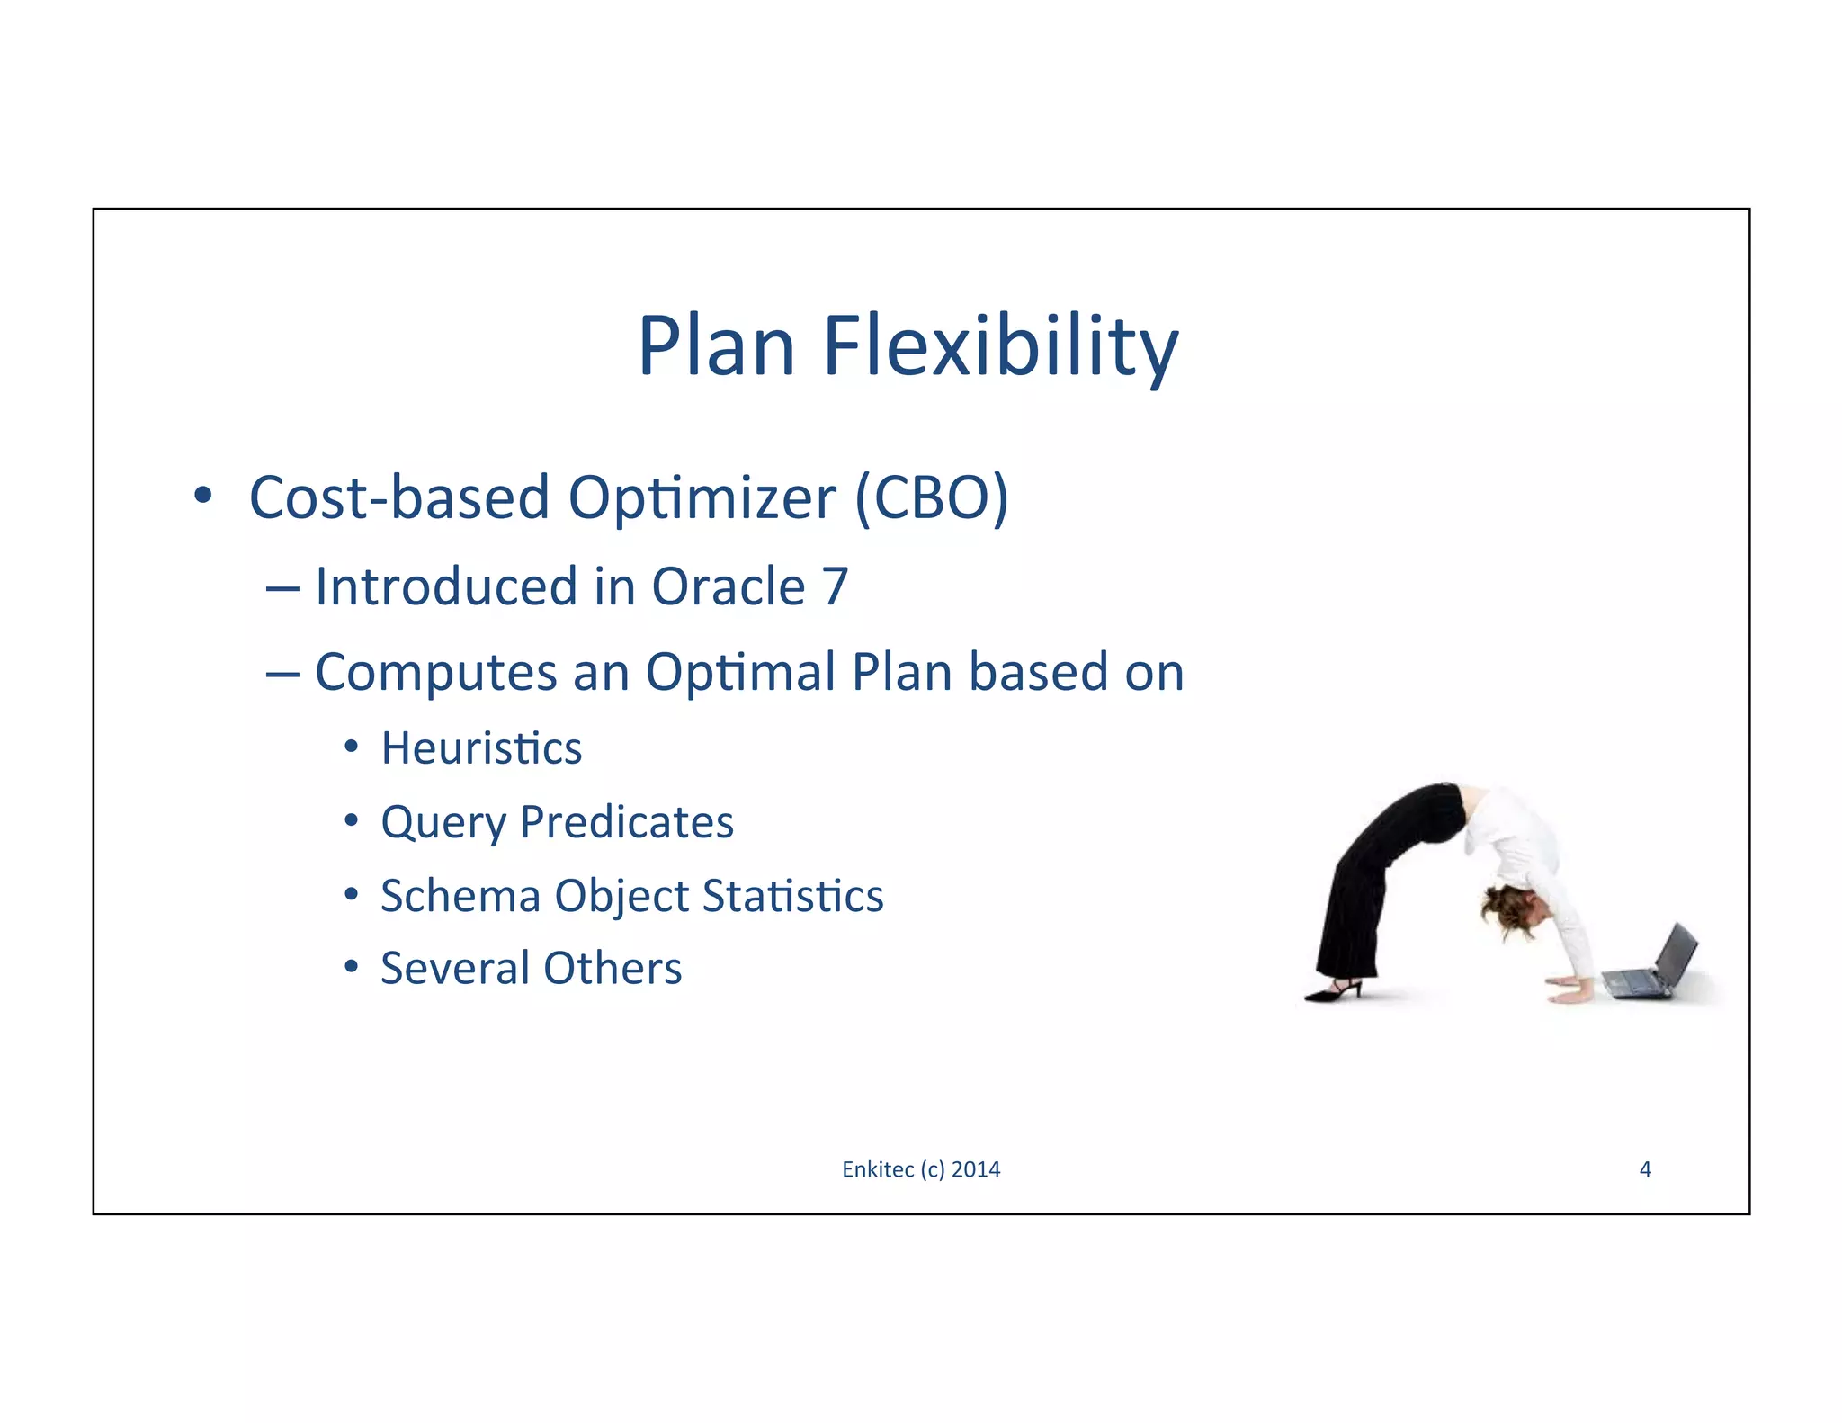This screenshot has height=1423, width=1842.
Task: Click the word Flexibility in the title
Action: [1000, 347]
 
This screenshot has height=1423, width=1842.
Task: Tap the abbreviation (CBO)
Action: [932, 497]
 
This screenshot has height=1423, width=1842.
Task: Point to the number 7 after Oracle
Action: [836, 587]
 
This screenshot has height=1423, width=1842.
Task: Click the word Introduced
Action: [446, 587]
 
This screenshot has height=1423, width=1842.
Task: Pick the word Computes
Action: [435, 673]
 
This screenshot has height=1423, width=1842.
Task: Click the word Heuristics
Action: [481, 748]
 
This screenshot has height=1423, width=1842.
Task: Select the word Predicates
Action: [627, 822]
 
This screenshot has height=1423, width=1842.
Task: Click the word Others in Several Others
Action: [613, 969]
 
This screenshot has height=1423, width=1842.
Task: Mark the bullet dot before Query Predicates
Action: [352, 820]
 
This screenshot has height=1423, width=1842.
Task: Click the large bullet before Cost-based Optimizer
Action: [203, 495]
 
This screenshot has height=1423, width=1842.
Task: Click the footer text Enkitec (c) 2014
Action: [920, 1169]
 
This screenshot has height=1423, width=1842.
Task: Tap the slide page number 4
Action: [1645, 1169]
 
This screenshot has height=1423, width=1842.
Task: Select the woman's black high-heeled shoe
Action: [1335, 991]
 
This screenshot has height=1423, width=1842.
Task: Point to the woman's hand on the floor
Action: [1570, 994]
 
